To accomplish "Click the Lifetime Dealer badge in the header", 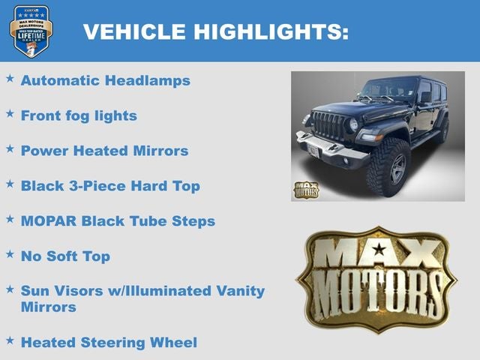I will pos(31,31).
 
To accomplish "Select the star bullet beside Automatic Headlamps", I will pos(10,78).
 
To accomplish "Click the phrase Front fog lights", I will pos(79,115).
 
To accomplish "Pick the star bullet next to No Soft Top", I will pos(10,254).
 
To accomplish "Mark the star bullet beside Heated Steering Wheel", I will pos(10,340).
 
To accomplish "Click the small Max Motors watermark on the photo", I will pos(306,190).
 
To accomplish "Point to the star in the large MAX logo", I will pos(379,249).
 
